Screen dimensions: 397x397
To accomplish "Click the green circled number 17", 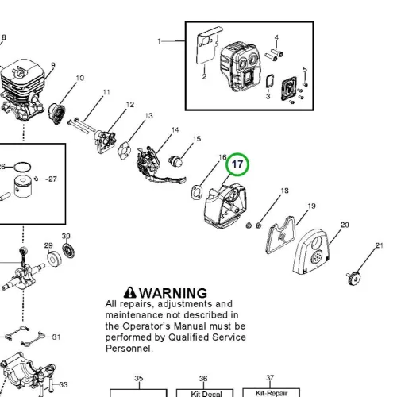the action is (x=237, y=164).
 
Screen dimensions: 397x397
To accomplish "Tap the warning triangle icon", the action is (x=130, y=292).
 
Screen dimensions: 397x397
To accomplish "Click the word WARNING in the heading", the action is (x=173, y=293).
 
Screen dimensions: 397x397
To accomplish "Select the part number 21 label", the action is (x=380, y=245).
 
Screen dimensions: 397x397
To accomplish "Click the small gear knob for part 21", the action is (x=354, y=279).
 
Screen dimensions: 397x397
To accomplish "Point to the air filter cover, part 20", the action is (x=311, y=251).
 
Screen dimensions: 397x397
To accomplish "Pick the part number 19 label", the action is (x=311, y=206).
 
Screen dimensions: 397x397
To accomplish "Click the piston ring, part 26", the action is (x=22, y=167).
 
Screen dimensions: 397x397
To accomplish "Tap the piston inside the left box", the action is (x=23, y=187).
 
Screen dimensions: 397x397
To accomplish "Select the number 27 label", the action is (x=52, y=179).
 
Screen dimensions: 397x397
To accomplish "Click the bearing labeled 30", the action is (x=68, y=250).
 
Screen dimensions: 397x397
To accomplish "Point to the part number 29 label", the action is (x=48, y=245).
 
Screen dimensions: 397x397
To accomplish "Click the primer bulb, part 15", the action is (x=175, y=160).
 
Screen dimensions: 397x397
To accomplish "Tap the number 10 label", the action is (x=80, y=78).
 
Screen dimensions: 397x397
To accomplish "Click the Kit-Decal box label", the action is (x=206, y=394).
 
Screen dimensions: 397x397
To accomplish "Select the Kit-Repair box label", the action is (x=272, y=393).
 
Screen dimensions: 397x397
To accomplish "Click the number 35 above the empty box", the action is (x=139, y=379).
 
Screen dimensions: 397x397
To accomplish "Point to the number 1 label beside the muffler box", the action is (x=159, y=41).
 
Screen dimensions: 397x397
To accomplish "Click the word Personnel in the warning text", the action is (x=129, y=349).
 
